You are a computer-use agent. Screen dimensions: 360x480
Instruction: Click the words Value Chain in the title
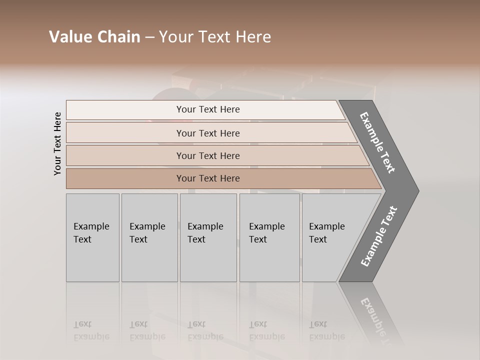94,37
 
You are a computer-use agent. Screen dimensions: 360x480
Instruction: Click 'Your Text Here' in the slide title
215,37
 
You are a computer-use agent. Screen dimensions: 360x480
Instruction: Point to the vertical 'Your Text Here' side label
57,143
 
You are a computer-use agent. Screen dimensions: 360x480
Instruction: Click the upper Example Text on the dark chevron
377,142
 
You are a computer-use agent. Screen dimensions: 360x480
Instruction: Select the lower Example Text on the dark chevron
378,236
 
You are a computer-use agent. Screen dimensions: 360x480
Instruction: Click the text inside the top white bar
208,109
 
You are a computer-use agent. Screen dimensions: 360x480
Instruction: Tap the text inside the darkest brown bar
208,178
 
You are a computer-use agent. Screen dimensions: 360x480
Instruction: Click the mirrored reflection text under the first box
91,330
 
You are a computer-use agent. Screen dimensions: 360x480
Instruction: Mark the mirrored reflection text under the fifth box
326,330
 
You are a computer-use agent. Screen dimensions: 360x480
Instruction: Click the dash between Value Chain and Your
149,37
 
